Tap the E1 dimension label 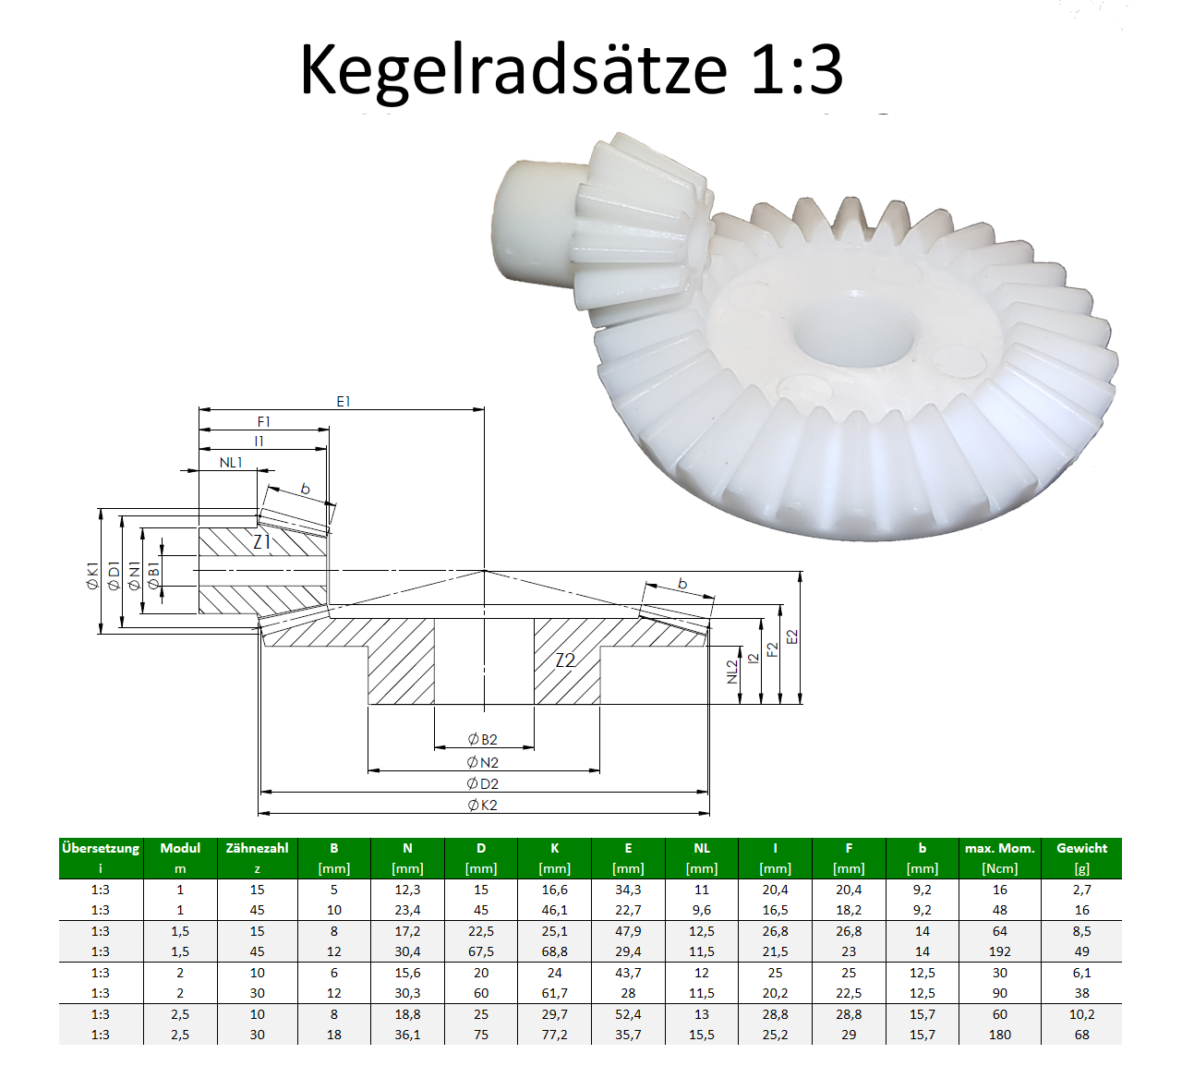click(x=343, y=402)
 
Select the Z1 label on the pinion click(x=262, y=542)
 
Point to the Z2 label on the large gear click(x=566, y=660)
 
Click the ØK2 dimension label click(x=483, y=806)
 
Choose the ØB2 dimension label click(x=483, y=739)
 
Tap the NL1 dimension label click(x=231, y=463)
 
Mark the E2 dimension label click(x=792, y=636)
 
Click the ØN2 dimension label click(x=483, y=763)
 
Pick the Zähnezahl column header click(x=257, y=848)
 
